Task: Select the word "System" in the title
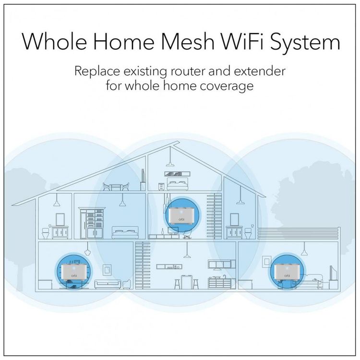305,43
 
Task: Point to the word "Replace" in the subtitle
97,71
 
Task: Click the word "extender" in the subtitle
260,71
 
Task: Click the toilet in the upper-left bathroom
46,232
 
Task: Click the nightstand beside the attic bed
161,186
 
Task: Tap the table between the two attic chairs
116,187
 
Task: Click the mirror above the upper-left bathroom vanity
60,219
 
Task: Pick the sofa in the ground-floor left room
108,284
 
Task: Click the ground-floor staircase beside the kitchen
143,265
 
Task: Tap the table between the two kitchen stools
186,282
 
